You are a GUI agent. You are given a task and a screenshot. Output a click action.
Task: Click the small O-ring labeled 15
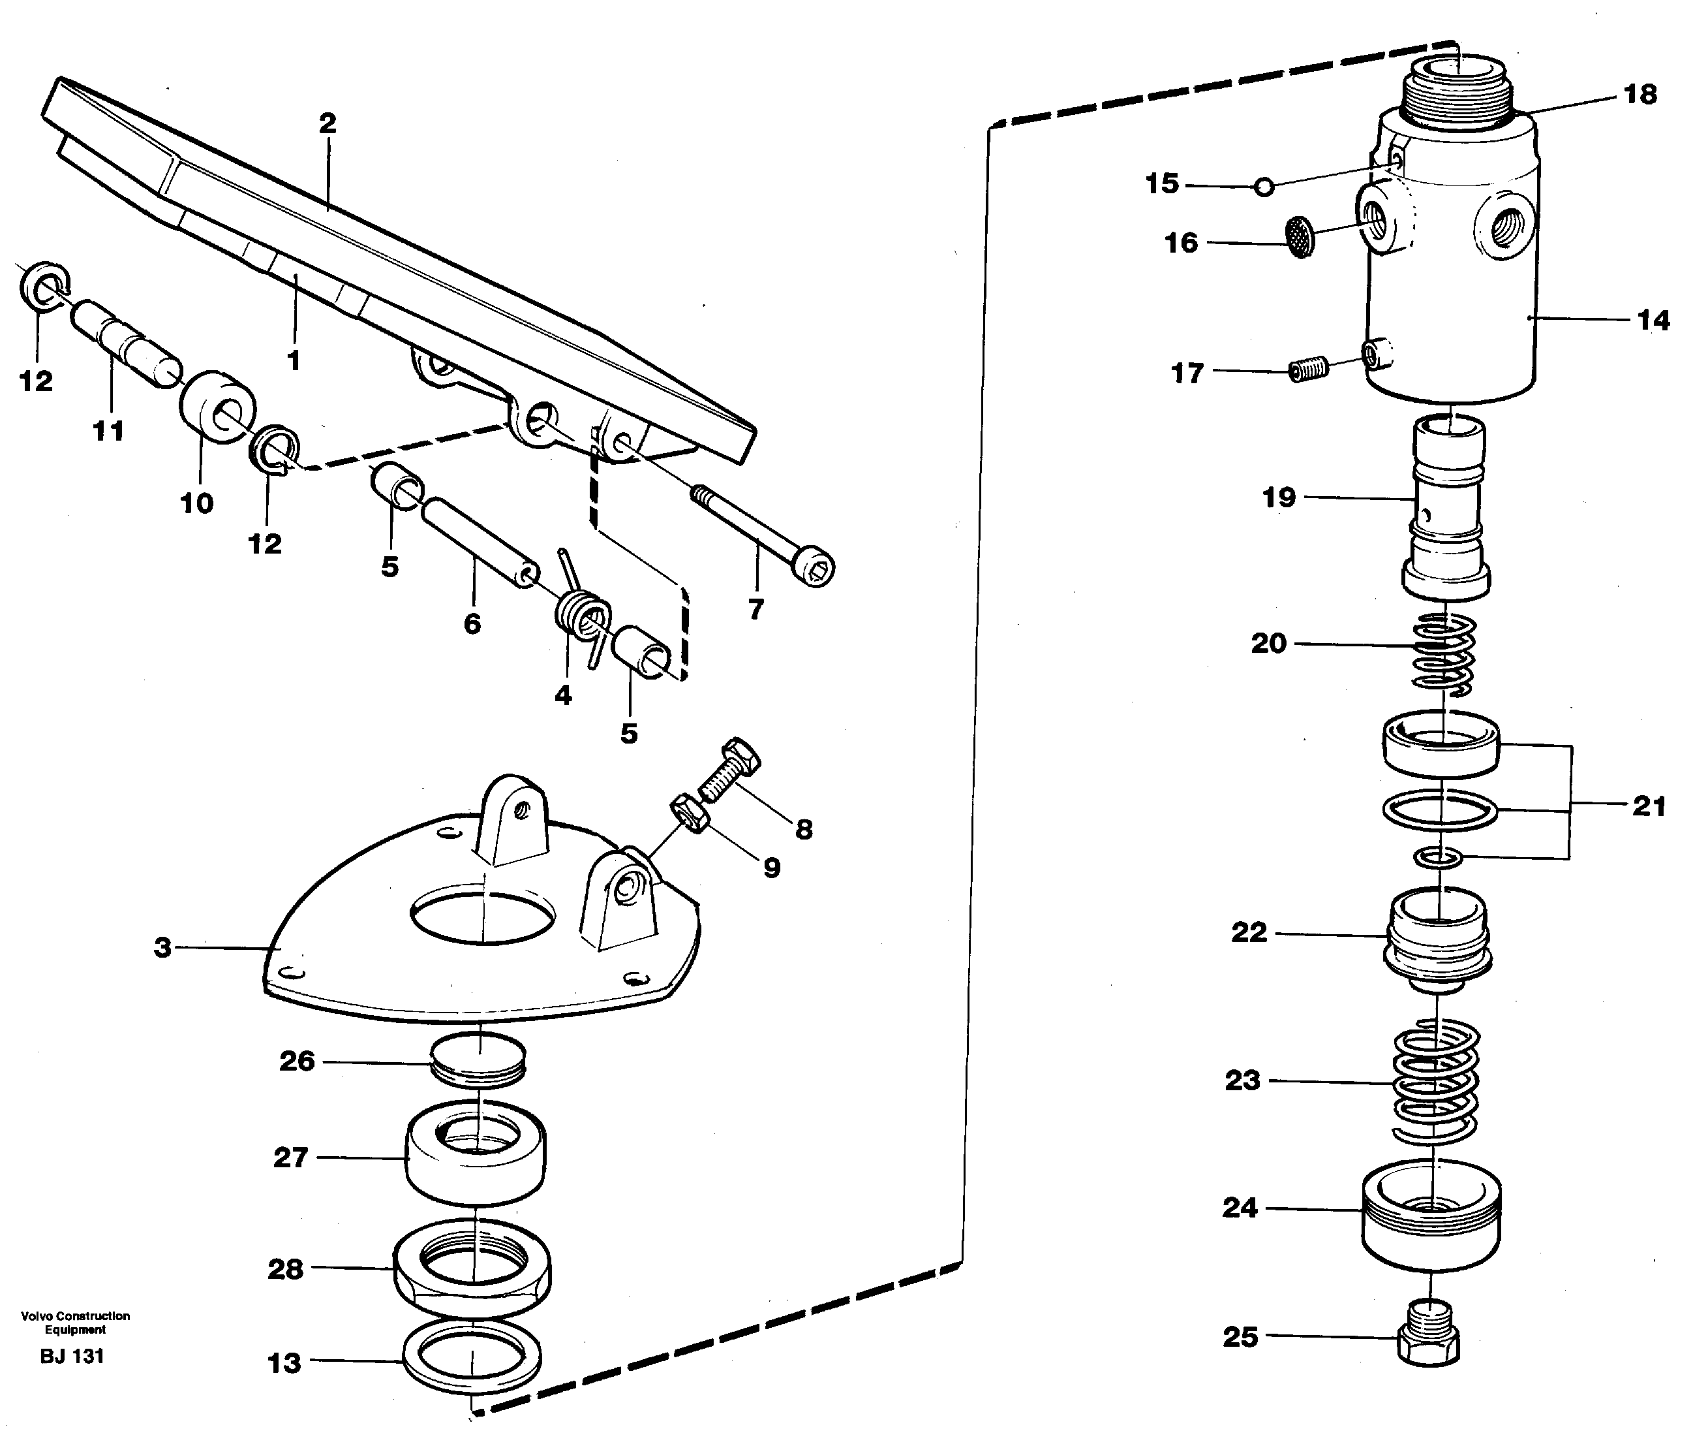point(1262,187)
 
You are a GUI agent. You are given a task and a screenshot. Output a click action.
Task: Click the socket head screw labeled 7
point(762,531)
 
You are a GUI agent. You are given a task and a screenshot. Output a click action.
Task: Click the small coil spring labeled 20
point(1444,654)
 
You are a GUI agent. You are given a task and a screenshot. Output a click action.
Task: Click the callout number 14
point(1653,321)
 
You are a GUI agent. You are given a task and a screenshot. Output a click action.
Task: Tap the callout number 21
point(1649,806)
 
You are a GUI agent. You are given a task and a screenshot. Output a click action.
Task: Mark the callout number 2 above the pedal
point(327,124)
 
